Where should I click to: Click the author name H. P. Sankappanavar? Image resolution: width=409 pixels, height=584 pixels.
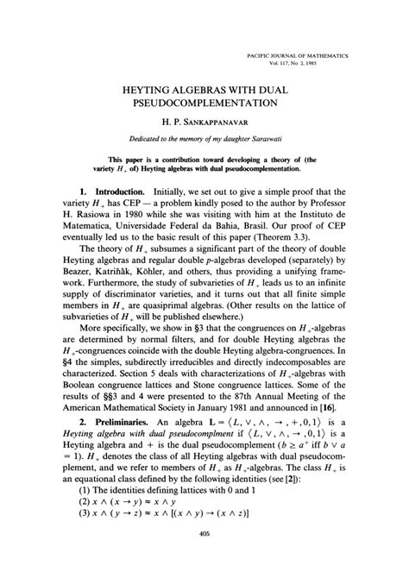[x=204, y=125]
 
